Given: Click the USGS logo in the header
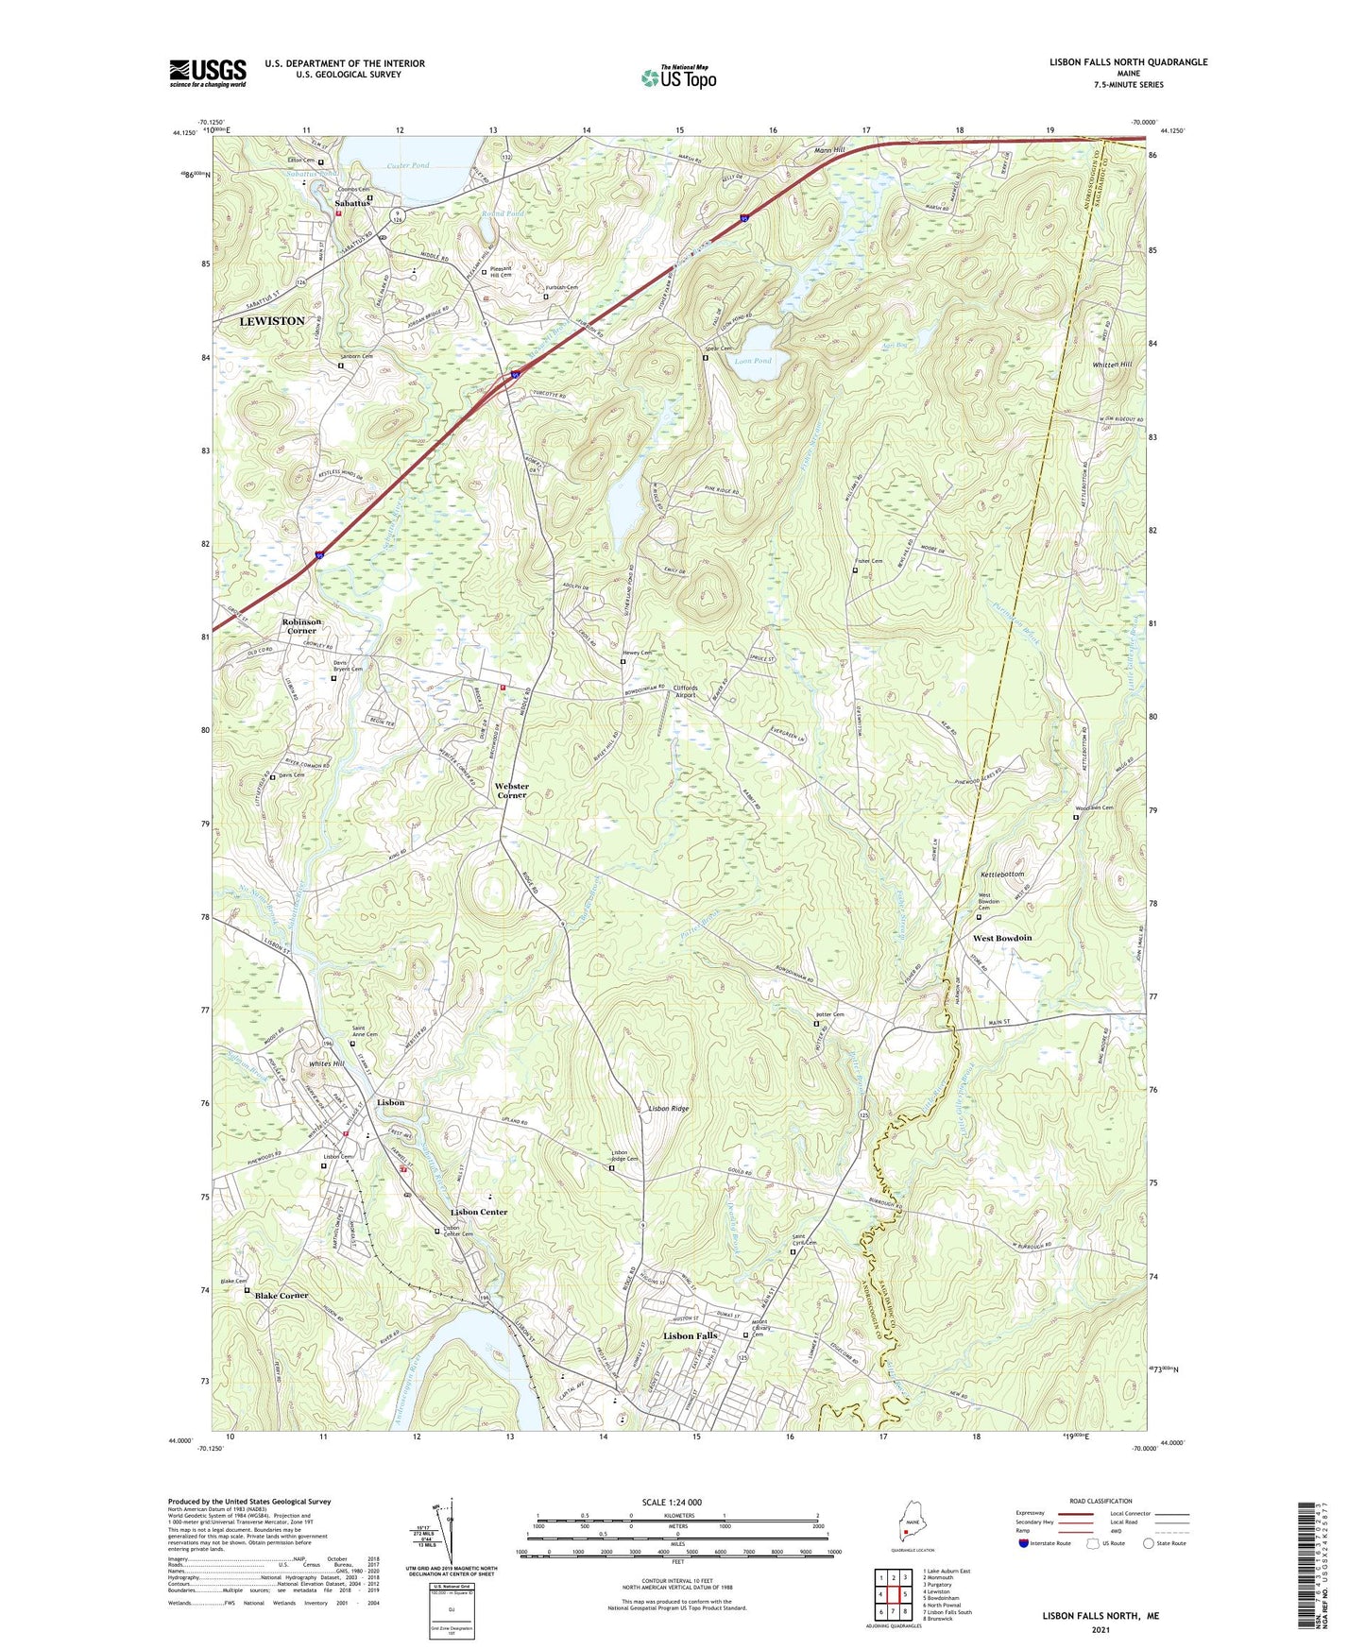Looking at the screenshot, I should (x=208, y=73).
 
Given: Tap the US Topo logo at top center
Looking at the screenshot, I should (x=678, y=77).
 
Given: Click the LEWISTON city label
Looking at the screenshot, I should (x=272, y=321).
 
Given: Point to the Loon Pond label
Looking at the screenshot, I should (x=753, y=361).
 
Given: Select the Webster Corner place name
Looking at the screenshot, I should (x=512, y=790).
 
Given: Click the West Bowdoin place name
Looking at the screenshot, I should (x=1001, y=938).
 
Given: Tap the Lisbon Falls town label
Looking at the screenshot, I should (x=690, y=1335).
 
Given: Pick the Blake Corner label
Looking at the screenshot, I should (x=282, y=1295).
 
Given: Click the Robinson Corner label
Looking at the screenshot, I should (x=301, y=626).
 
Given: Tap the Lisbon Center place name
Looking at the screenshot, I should (x=479, y=1212).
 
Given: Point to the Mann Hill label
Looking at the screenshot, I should (x=828, y=150).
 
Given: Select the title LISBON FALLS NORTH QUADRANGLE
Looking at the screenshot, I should (x=1128, y=62).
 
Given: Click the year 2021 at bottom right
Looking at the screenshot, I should (x=1100, y=1629).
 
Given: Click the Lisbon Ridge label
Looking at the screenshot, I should (x=668, y=1108).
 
